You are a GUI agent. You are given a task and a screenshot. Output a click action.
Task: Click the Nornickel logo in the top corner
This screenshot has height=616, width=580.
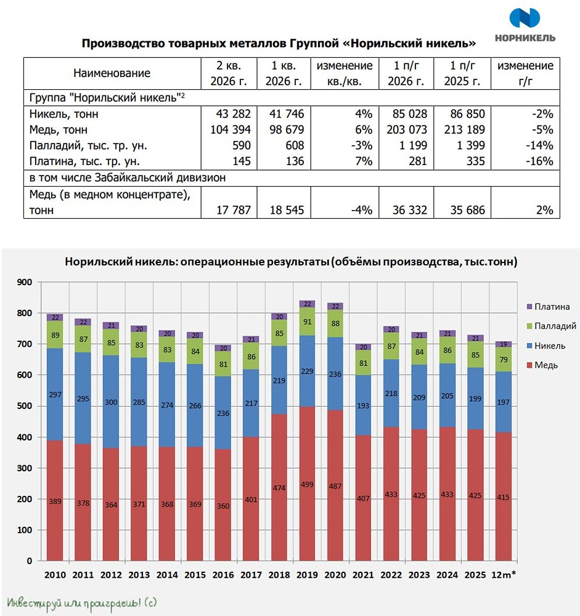[x=525, y=25]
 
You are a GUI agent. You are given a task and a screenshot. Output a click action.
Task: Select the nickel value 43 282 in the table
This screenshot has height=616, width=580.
[x=233, y=114]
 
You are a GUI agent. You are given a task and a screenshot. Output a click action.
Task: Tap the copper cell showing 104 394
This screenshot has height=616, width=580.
[x=231, y=129]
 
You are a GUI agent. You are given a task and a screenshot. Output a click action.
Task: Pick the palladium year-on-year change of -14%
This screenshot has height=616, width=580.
[x=539, y=145]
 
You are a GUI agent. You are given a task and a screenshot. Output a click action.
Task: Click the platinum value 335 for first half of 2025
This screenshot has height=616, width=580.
[x=475, y=161]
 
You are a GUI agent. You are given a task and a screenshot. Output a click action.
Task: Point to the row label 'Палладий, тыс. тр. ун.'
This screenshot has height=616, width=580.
[x=88, y=146]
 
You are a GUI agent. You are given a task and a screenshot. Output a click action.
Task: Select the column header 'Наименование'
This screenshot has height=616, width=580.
[x=112, y=73]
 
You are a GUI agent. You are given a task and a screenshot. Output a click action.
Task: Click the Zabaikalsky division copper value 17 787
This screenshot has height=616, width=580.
[x=234, y=210]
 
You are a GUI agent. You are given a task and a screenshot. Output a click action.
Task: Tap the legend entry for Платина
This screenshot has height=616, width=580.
[x=548, y=306]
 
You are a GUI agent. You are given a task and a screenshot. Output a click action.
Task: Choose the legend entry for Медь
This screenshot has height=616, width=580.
[x=542, y=365]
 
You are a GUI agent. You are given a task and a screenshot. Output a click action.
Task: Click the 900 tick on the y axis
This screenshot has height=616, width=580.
[x=25, y=282]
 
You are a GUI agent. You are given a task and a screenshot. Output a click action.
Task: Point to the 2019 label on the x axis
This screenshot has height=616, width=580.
[x=307, y=575]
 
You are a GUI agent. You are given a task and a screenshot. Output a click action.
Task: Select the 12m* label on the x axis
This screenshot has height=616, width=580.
[x=504, y=575]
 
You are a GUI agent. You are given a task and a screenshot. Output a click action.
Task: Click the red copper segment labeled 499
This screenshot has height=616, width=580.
[x=307, y=484]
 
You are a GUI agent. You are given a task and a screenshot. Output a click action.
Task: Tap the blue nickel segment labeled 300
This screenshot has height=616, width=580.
[x=111, y=402]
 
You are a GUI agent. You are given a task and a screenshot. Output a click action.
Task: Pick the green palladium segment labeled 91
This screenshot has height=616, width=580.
[x=307, y=322]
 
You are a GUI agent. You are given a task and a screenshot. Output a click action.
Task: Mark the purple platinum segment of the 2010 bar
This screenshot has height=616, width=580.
[x=55, y=317]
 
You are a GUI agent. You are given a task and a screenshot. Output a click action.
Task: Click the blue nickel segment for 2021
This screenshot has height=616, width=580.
[x=363, y=405]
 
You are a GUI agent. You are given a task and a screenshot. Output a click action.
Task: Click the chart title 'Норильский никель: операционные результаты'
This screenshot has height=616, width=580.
[x=197, y=262]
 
